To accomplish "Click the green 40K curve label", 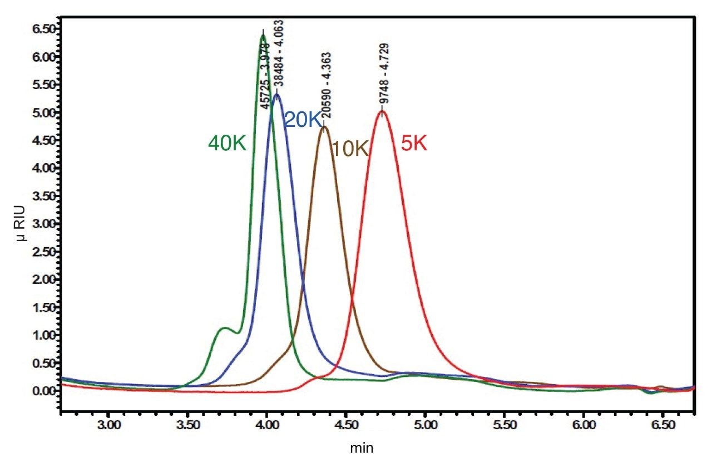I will point(227,144).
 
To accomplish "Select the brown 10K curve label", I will point(350,149).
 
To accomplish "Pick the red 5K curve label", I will point(414,144).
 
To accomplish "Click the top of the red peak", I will point(382,111).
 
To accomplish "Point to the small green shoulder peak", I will point(224,328).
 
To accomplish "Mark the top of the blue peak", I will point(276,94).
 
